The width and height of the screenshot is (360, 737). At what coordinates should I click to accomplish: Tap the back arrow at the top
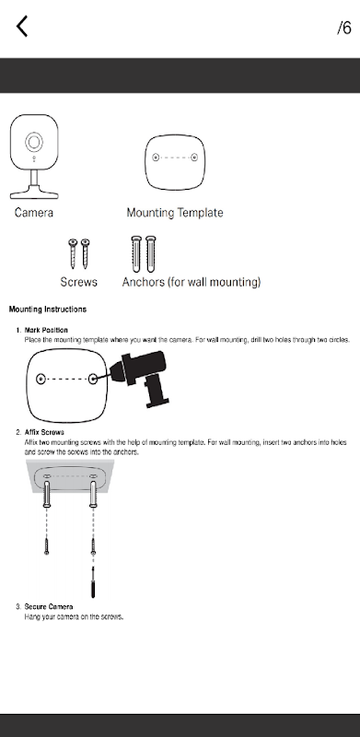(22, 26)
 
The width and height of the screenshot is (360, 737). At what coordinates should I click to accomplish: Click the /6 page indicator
(344, 28)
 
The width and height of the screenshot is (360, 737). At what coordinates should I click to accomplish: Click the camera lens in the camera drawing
(34, 142)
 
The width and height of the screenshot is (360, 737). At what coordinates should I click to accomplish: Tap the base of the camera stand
(34, 192)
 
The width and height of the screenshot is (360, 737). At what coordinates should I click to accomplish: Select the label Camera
(34, 213)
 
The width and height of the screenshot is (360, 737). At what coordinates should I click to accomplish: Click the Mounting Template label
(175, 213)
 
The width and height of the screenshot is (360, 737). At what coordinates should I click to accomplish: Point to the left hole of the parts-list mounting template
(156, 158)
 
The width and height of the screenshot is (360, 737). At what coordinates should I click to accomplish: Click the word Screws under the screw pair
(79, 282)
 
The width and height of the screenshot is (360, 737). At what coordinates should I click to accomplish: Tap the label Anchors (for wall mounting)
(192, 282)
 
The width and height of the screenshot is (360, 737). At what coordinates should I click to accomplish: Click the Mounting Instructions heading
(48, 310)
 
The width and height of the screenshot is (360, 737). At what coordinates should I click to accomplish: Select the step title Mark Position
(46, 330)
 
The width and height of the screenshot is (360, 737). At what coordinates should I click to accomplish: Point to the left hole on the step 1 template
(41, 379)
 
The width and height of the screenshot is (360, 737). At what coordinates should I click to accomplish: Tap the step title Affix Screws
(44, 432)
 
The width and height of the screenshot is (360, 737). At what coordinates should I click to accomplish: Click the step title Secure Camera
(49, 607)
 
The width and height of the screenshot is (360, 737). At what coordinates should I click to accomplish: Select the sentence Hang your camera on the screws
(74, 616)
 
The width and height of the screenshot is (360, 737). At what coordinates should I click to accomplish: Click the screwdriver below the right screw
(93, 582)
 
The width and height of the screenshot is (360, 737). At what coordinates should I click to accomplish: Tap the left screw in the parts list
(73, 253)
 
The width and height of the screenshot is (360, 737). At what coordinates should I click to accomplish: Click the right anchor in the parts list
(150, 254)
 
